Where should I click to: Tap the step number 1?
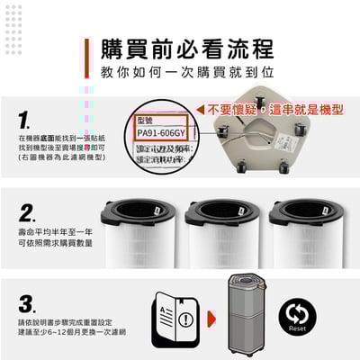pyautogui.click(x=24, y=120)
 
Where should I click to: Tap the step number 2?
pyautogui.click(x=27, y=212)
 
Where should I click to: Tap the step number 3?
pyautogui.click(x=27, y=301)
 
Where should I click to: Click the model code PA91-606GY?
pyautogui.click(x=161, y=132)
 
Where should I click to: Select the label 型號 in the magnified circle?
pyautogui.click(x=148, y=119)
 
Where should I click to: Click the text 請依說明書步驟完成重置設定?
pyautogui.click(x=58, y=322)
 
